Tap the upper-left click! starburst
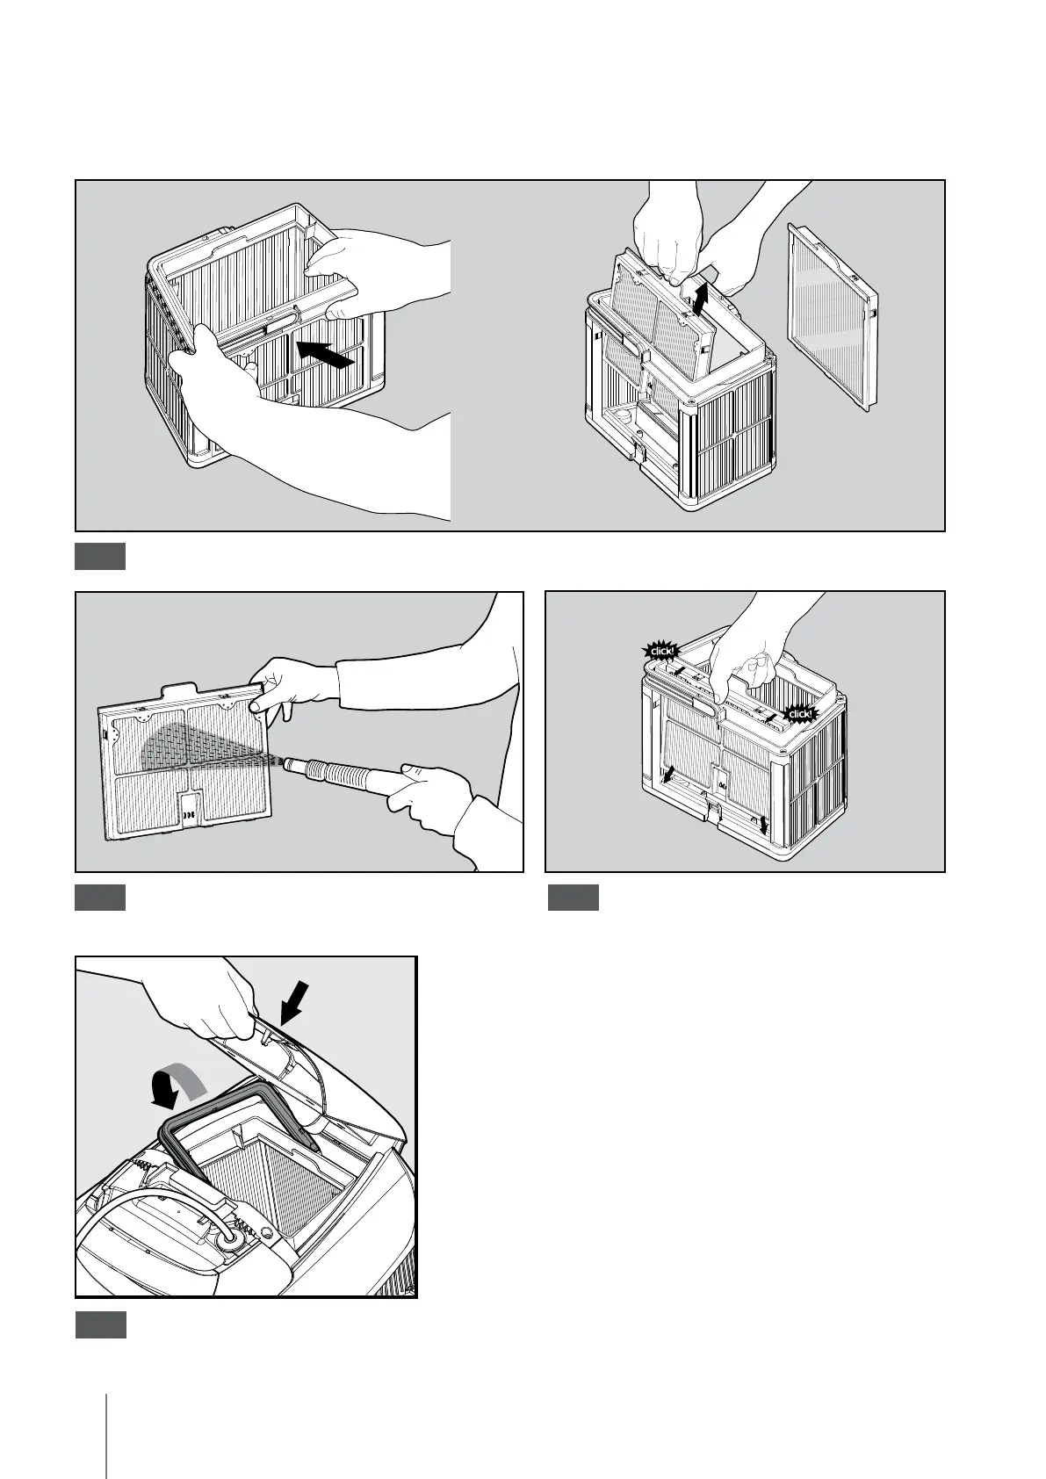click(662, 651)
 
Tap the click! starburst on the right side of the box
click(800, 714)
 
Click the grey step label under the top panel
click(99, 557)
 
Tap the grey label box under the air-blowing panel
click(99, 898)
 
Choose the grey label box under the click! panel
click(573, 898)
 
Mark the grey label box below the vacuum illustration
click(100, 1324)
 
